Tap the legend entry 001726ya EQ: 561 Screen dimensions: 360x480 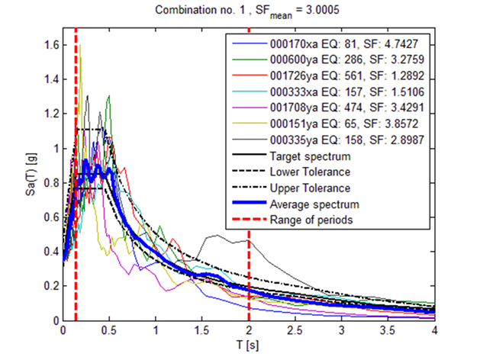coord(333,76)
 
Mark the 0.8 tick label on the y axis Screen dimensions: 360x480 coord(49,183)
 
